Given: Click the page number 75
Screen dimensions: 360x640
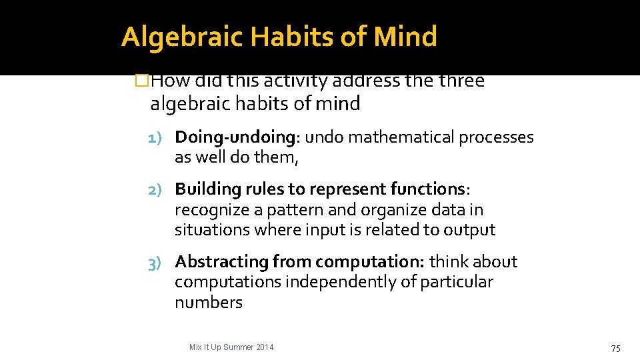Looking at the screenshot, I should [x=616, y=348].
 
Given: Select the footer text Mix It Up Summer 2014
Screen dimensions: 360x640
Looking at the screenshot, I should [x=231, y=347].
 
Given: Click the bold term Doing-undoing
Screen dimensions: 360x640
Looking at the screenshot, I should [x=235, y=137].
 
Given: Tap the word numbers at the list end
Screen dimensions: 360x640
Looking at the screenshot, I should [x=208, y=303].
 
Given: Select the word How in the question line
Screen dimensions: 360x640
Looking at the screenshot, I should [x=170, y=81].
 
